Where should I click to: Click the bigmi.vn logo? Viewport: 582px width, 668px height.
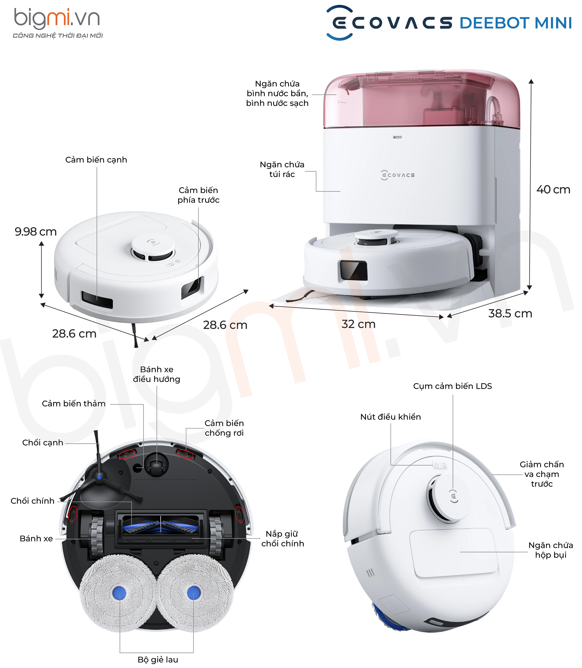[57, 23]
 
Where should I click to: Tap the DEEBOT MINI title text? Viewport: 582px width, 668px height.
[515, 23]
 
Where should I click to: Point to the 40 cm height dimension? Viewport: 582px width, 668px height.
[553, 190]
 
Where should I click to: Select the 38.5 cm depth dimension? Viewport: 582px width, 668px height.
[510, 313]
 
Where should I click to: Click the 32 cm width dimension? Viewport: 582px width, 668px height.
[358, 324]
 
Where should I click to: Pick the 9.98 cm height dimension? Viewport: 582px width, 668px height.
[36, 232]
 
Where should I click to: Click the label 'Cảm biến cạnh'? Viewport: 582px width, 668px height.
[96, 160]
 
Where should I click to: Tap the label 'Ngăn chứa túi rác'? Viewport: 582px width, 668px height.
[282, 169]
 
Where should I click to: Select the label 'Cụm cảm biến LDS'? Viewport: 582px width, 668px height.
[453, 386]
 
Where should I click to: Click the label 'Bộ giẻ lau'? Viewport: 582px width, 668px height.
[158, 660]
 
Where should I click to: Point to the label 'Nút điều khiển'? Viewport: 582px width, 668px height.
[391, 417]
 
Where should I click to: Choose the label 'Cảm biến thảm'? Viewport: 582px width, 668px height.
[74, 403]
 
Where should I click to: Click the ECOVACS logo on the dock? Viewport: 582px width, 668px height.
[398, 175]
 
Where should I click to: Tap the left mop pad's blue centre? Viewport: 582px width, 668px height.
[119, 593]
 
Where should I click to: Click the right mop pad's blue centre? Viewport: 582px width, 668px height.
[194, 593]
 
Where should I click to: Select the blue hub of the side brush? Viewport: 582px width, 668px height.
[99, 477]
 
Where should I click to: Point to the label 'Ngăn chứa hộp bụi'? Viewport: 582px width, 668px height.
[551, 550]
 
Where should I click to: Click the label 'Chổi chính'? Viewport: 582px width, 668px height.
[33, 501]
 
